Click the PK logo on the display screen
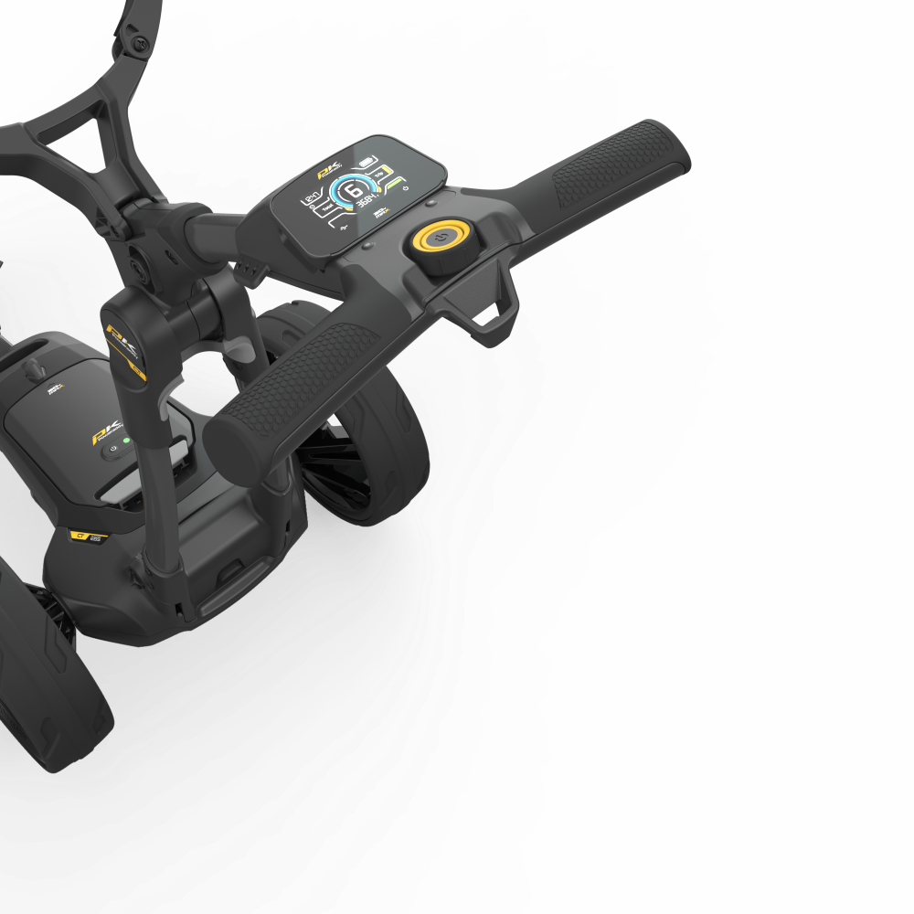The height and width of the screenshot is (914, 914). click(x=326, y=171)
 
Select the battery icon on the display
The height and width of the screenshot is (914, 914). click(x=368, y=162)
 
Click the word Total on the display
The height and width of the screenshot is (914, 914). click(x=325, y=208)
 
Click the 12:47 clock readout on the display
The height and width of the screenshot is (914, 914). click(x=311, y=197)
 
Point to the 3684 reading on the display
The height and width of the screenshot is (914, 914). click(x=369, y=200)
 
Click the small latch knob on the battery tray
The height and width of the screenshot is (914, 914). click(x=36, y=367)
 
